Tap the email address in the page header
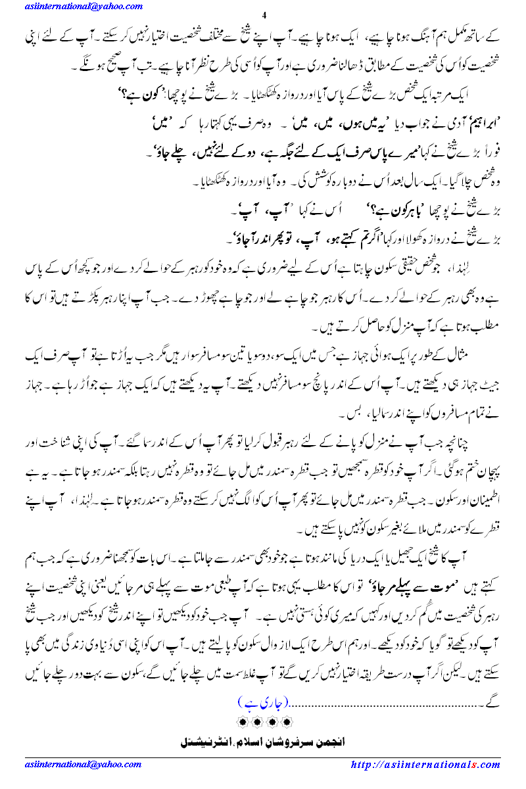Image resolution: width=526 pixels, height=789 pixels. (84, 7)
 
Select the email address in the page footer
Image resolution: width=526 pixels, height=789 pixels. (83, 765)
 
